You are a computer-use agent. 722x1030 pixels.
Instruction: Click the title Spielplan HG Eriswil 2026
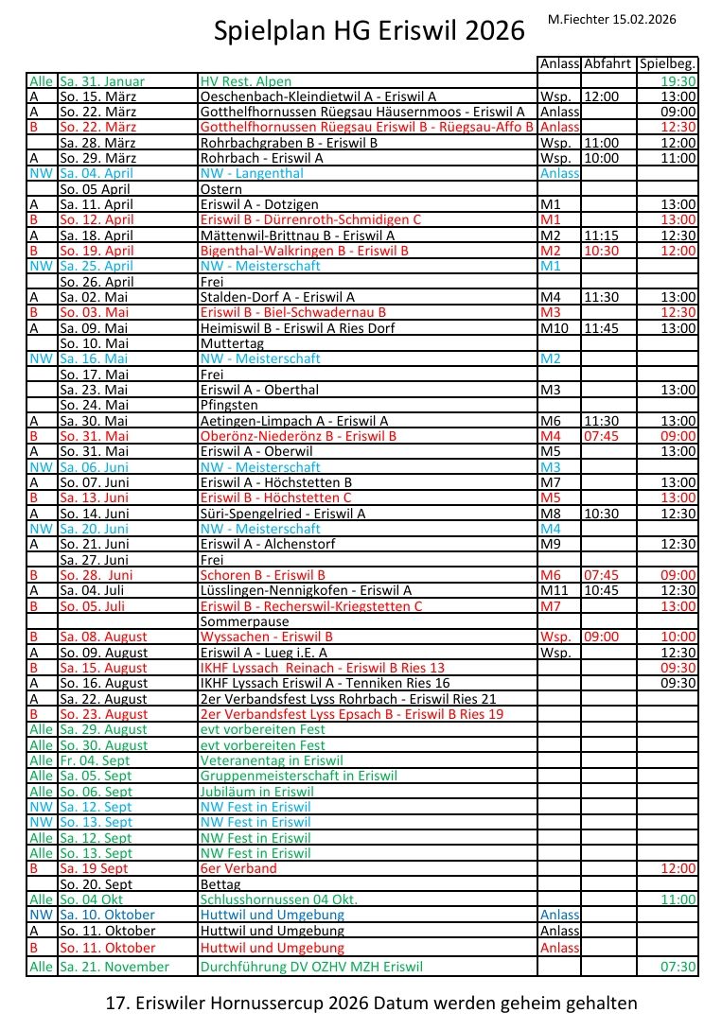pyautogui.click(x=369, y=31)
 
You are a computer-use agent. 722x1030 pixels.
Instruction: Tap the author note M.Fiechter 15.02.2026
pyautogui.click(x=625, y=19)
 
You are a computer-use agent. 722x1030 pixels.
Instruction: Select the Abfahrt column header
pyautogui.click(x=607, y=64)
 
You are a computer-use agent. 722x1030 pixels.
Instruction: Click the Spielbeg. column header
pyautogui.click(x=667, y=64)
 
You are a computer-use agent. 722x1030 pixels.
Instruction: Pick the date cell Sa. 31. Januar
pyautogui.click(x=102, y=81)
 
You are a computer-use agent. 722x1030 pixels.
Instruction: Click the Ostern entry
pyautogui.click(x=221, y=189)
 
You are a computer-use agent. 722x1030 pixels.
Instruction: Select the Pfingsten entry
pyautogui.click(x=229, y=405)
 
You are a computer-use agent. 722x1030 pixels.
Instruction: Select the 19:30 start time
pyautogui.click(x=679, y=81)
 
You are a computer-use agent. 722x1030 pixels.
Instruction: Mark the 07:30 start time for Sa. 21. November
pyautogui.click(x=679, y=967)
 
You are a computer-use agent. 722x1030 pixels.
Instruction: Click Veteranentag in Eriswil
pyautogui.click(x=271, y=760)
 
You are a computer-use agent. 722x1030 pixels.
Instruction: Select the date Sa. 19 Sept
pyautogui.click(x=94, y=868)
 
